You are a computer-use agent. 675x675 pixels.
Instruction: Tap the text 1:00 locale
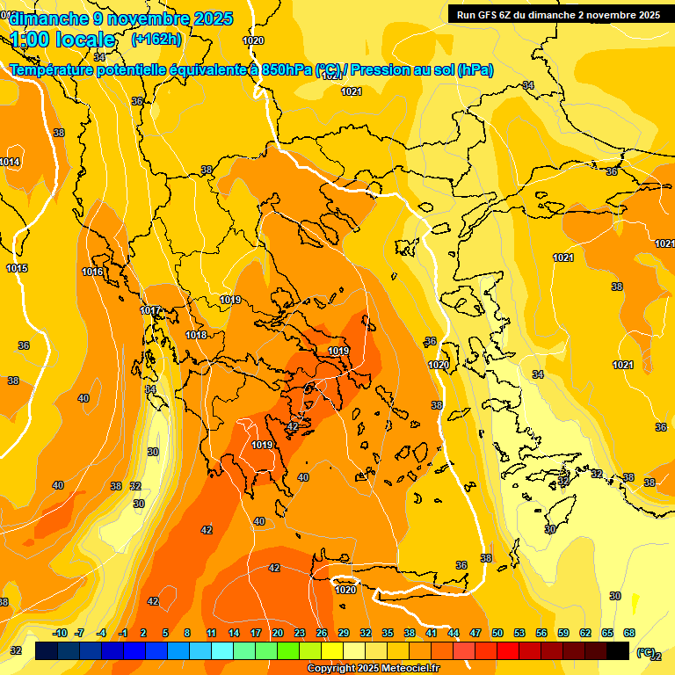click(x=62, y=40)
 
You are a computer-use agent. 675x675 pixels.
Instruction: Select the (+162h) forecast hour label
click(x=156, y=39)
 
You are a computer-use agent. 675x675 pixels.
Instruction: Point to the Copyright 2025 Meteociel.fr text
click(x=373, y=669)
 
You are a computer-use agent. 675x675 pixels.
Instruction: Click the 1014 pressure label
click(x=10, y=162)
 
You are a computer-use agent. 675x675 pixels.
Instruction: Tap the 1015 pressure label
click(x=17, y=268)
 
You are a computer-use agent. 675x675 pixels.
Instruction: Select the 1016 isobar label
click(x=92, y=272)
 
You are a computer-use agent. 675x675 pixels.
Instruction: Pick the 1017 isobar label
click(x=150, y=310)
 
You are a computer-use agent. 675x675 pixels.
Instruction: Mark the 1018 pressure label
click(x=196, y=335)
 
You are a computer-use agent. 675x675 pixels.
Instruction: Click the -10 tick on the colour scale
click(x=60, y=633)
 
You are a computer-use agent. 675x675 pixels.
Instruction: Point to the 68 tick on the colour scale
click(x=629, y=633)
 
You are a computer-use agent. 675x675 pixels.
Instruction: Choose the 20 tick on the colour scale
click(x=277, y=633)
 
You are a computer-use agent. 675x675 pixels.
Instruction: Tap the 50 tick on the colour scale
click(x=497, y=633)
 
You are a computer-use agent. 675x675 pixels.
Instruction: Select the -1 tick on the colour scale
click(x=123, y=633)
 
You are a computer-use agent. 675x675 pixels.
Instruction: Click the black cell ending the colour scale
click(x=618, y=650)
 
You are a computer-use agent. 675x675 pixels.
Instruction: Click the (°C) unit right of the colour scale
click(x=645, y=651)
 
